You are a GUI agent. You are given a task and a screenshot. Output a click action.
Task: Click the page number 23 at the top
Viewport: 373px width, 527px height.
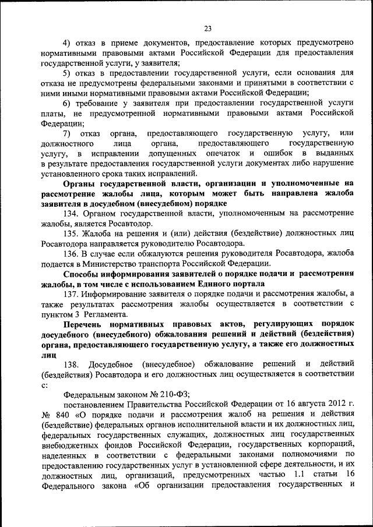tap(208, 28)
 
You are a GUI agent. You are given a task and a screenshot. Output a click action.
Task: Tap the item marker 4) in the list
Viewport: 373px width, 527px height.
tap(67, 43)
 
